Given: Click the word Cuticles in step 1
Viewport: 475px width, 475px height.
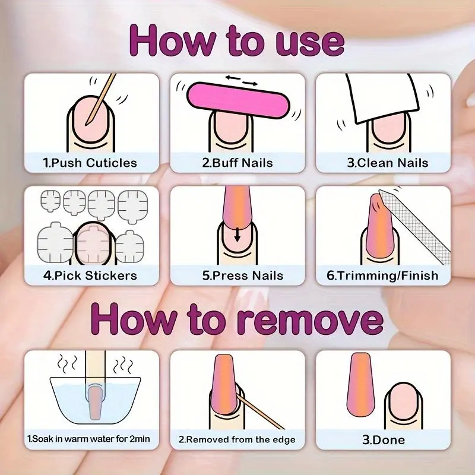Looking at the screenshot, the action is (x=111, y=163).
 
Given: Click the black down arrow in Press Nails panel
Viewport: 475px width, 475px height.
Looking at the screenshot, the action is (x=237, y=235).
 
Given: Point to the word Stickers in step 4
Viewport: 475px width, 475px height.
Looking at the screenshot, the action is (x=111, y=275).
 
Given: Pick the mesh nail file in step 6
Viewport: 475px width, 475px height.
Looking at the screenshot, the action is (x=415, y=225).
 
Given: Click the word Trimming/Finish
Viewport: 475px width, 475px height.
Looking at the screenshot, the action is (x=388, y=275).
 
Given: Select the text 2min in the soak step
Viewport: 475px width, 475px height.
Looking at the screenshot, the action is (x=140, y=439).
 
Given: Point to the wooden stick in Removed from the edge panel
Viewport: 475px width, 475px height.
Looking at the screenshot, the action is (x=260, y=411).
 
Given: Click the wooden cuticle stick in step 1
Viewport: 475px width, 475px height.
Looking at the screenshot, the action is (x=100, y=99).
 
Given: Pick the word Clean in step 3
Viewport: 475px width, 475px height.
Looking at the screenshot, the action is (x=375, y=163).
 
